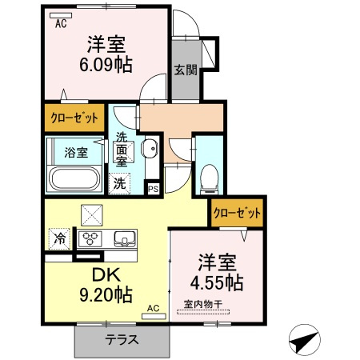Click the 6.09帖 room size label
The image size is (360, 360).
point(106,65)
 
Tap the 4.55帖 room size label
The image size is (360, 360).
point(217,282)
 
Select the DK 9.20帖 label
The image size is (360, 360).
point(106,285)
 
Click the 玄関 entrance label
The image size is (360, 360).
point(186,70)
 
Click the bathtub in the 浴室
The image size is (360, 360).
point(75,178)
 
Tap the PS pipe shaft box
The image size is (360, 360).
point(154,189)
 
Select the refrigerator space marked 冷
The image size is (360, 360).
point(59,238)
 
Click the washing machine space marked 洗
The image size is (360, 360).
point(119,183)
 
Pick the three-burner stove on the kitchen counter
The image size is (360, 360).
point(90,238)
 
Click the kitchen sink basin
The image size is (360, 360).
point(125,238)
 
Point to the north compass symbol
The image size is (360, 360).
point(305,340)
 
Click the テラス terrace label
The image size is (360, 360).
point(122,339)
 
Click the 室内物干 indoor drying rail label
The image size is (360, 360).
point(203,304)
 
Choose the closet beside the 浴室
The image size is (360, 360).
point(74,118)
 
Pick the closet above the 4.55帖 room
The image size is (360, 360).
point(238,213)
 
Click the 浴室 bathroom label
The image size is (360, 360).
point(76,152)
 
